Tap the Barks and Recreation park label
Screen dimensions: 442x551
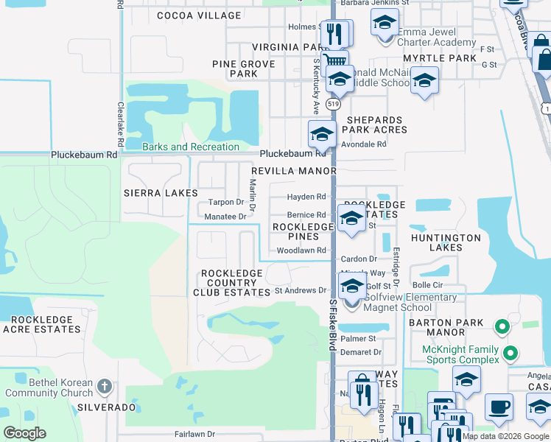[191, 147]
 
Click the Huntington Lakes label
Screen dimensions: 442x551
[446, 242]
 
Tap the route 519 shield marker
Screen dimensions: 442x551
[334, 105]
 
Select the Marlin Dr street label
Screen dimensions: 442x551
[253, 196]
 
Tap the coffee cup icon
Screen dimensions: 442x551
[499, 407]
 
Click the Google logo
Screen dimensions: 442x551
[25, 433]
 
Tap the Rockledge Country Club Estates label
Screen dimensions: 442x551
[236, 283]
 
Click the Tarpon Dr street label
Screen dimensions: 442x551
[225, 202]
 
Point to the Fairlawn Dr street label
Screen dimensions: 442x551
[194, 435]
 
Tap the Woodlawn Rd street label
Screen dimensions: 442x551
[301, 250]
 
